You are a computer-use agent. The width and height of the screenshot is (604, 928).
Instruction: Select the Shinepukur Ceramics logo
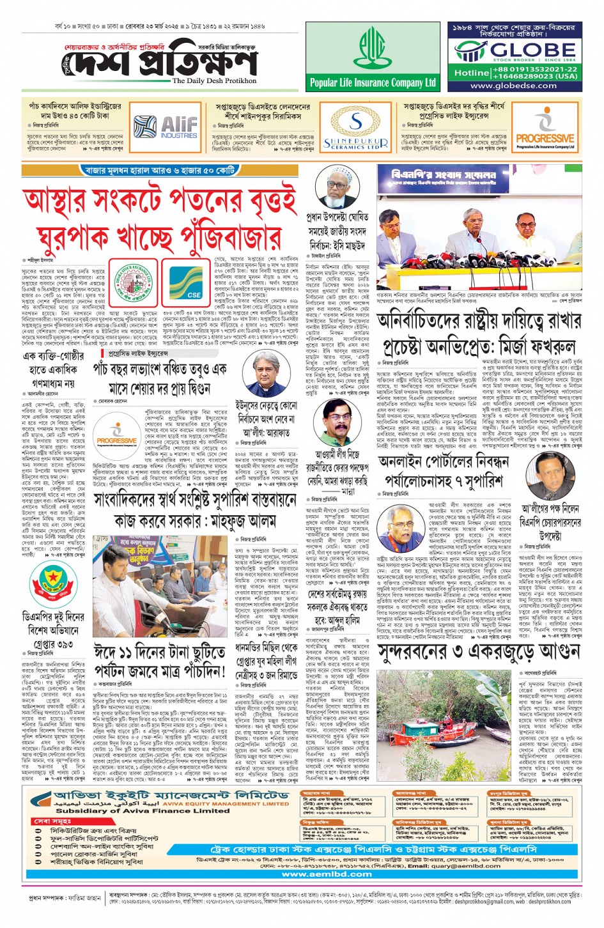point(355,130)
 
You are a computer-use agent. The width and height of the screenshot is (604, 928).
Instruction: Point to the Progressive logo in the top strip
point(545,130)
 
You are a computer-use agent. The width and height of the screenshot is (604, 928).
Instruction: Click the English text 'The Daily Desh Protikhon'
point(214,81)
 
